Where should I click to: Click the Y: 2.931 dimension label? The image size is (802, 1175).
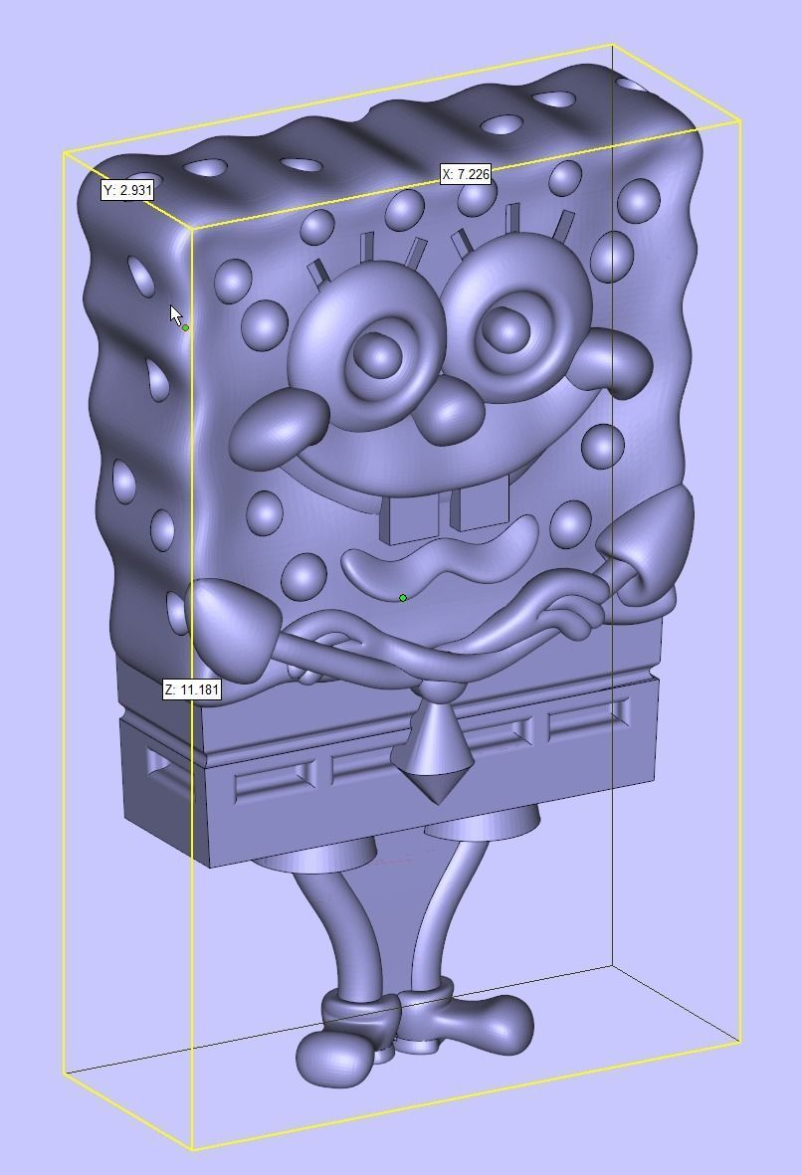tap(127, 190)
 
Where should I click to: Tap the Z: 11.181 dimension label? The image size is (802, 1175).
tap(191, 689)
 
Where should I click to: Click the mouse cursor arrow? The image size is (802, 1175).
tap(175, 314)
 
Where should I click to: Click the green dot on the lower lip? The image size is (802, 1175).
tap(402, 598)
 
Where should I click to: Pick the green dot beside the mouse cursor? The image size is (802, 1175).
tap(186, 327)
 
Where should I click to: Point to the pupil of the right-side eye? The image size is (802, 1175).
tap(508, 324)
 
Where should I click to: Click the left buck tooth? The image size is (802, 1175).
tap(410, 518)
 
